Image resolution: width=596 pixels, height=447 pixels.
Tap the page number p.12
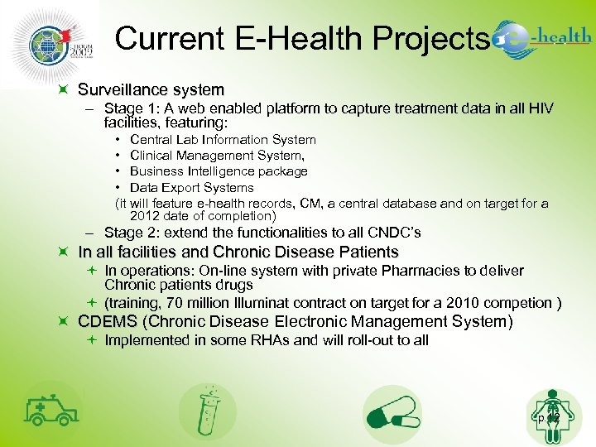point(548,418)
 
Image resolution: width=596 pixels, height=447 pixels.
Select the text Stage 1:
point(131,108)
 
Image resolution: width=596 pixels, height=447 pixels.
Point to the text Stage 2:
point(131,233)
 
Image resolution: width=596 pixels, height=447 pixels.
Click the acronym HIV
point(540,108)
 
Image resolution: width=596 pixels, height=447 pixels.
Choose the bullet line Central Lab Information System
point(223,140)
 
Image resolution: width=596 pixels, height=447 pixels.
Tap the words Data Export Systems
point(192,188)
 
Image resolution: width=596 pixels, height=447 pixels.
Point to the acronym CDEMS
point(108,321)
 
